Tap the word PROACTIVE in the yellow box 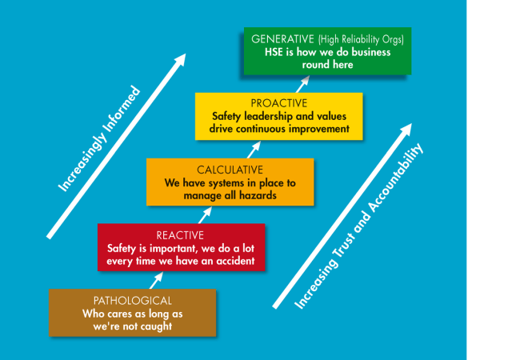coord(278,103)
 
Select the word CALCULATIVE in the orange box coord(230,170)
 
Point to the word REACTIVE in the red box coord(180,235)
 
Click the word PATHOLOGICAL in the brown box coord(132,300)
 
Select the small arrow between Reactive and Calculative coord(206,214)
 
